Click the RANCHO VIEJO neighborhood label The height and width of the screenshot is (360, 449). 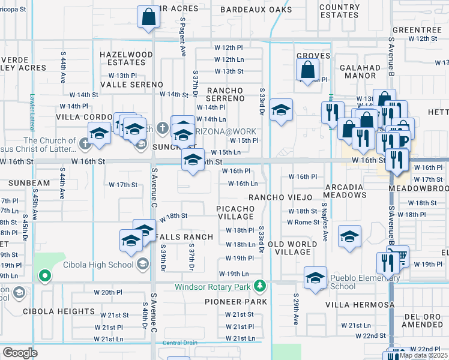(281, 197)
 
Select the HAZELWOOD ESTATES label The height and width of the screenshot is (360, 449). (126, 58)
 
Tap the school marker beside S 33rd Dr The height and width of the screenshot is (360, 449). (281, 110)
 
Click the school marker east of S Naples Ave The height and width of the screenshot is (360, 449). (349, 236)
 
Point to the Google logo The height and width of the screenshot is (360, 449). (20, 353)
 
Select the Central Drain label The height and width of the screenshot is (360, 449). (179, 343)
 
